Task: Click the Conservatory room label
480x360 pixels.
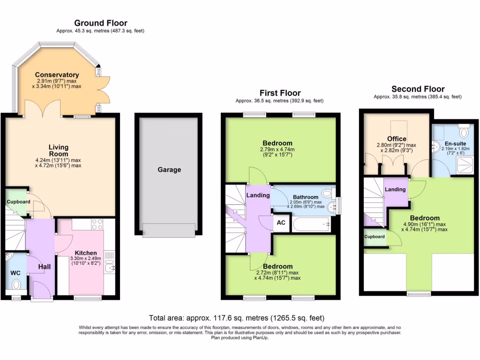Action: [57, 75]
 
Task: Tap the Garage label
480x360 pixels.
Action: [169, 170]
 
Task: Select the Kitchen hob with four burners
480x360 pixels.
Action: [97, 224]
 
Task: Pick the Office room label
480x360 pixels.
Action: [397, 139]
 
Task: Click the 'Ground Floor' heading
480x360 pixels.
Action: [100, 23]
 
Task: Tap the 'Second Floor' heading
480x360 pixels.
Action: [418, 89]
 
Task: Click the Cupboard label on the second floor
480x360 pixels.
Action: [375, 237]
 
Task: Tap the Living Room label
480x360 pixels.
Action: [59, 150]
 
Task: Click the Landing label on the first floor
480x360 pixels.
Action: [258, 195]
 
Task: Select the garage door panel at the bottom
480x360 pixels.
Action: [169, 230]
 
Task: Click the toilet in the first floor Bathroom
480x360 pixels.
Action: [327, 193]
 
